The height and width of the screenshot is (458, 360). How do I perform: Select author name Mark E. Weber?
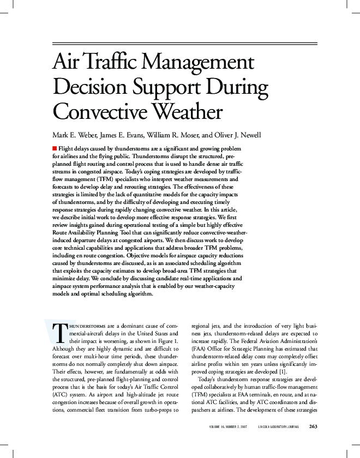(76, 134)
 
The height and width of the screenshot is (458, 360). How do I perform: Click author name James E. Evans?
(131, 134)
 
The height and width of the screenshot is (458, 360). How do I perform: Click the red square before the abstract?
(55, 148)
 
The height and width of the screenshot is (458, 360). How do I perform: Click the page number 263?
(314, 426)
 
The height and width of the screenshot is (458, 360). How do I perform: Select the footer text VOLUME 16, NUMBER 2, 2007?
(228, 426)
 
